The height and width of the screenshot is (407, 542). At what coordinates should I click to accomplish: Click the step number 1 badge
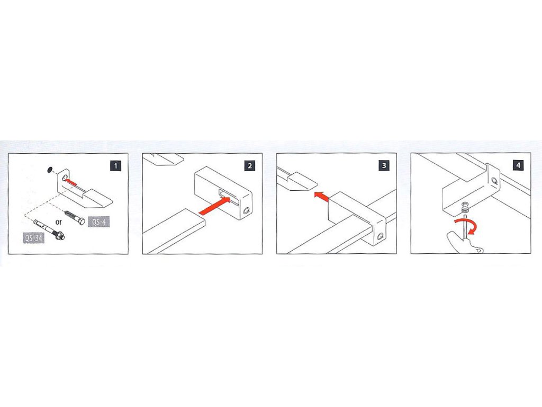pos(115,166)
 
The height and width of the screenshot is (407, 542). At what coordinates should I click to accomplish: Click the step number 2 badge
pos(250,166)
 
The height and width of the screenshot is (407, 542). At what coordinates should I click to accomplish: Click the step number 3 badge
pos(384,165)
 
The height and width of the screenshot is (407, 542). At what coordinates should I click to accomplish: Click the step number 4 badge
pos(518,165)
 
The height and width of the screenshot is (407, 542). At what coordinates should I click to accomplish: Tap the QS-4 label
pos(99,222)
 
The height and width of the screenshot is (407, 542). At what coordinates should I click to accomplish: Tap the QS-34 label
pos(34,237)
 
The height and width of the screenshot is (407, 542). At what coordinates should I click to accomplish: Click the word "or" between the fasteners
pos(58,222)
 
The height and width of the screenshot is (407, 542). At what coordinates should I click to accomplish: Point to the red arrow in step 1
pos(71,181)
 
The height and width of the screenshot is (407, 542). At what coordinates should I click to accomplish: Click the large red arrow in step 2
pos(215,206)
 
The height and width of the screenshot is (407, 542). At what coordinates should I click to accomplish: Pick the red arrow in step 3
pos(321,196)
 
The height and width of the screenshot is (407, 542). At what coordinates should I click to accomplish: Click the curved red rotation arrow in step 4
pos(467,224)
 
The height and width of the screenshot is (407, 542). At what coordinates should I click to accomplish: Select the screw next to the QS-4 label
pos(75,216)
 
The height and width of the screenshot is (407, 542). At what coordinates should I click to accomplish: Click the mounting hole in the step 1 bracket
pos(65,178)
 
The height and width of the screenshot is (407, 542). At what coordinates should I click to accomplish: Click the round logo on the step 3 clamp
pos(381,237)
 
